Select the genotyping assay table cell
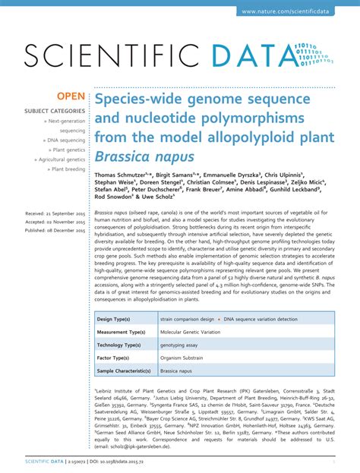(180, 345)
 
